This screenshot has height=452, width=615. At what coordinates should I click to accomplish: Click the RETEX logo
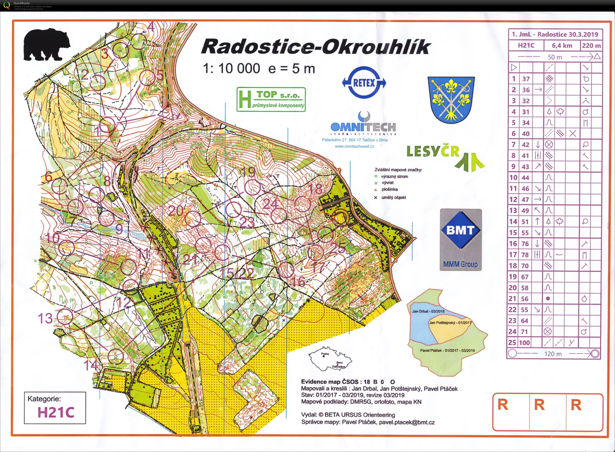coord(364,83)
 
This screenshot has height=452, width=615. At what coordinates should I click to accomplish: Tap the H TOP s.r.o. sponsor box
coord(271,99)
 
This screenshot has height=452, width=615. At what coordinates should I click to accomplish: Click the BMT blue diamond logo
coord(460,230)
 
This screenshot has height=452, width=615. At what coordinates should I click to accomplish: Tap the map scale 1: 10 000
coord(231,68)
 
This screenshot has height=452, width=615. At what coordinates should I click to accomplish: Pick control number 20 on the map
coord(175,211)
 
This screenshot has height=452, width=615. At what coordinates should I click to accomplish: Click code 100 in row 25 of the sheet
coord(524,342)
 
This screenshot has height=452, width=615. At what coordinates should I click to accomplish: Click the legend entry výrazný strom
coord(394,177)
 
